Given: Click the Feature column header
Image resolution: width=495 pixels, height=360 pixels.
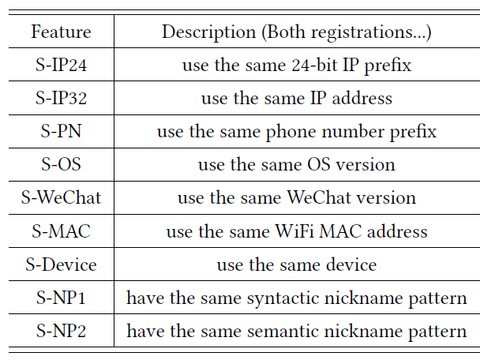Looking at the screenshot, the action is coord(61,32).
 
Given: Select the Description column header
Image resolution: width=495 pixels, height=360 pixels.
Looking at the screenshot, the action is coord(296,32).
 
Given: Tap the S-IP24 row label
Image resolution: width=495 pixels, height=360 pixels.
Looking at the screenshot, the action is coord(61,66).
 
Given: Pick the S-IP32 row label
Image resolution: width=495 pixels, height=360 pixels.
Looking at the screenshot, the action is coord(61,99).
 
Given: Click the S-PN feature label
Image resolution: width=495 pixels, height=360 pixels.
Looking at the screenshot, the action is coord(61,132).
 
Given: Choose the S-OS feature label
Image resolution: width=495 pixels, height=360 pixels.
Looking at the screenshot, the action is coord(61,165).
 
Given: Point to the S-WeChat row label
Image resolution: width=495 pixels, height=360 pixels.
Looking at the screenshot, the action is coord(61,198).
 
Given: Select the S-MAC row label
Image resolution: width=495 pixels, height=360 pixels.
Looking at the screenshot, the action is coord(61,232).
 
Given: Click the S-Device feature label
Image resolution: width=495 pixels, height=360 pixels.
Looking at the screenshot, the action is coord(61,265).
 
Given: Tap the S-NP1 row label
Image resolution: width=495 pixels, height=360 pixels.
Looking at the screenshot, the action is coord(61,298).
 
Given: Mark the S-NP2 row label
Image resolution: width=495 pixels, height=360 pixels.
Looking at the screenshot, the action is coord(61,332).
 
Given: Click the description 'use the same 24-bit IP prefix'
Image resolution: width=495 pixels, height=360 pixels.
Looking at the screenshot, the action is coord(296,66).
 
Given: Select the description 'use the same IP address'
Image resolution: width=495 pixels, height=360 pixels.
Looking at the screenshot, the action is coord(296,99).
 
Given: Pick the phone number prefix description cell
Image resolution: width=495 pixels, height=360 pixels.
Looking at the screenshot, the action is coord(296,132).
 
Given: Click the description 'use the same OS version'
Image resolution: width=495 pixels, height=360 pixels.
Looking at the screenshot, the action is coord(296,165).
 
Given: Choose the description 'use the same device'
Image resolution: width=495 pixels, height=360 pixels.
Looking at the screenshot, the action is coord(296,265).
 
